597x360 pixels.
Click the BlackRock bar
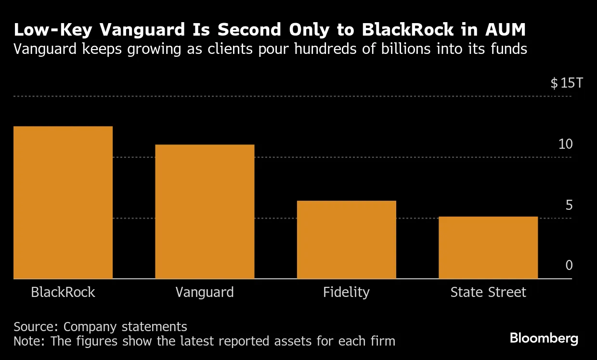pyautogui.click(x=63, y=202)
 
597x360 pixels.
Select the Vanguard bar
pyautogui.click(x=205, y=211)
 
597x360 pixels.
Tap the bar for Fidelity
pyautogui.click(x=346, y=240)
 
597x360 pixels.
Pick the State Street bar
pyautogui.click(x=488, y=247)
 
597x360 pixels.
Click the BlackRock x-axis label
pyautogui.click(x=63, y=292)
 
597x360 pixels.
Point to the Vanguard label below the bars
pyautogui.click(x=205, y=292)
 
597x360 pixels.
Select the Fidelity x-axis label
pyautogui.click(x=346, y=292)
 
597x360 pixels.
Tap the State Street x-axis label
pyautogui.click(x=488, y=292)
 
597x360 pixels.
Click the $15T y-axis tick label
pyautogui.click(x=567, y=83)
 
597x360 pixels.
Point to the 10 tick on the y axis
pyautogui.click(x=566, y=144)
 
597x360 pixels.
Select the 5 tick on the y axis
pyautogui.click(x=569, y=205)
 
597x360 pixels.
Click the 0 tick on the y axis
pyautogui.click(x=569, y=266)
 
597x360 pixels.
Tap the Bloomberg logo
pyautogui.click(x=544, y=338)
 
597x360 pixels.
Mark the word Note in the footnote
pyautogui.click(x=28, y=341)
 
